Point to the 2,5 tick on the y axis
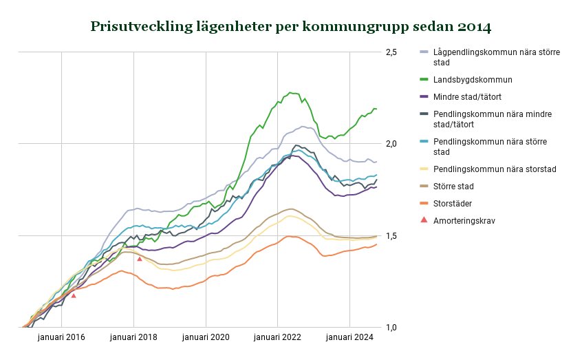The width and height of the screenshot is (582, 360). coord(391,52)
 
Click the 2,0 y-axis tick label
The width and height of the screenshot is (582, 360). coord(391,144)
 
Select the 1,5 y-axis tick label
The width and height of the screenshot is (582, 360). coord(391,236)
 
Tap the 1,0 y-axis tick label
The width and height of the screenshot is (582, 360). coord(391,328)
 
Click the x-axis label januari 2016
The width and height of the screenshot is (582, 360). coord(62,337)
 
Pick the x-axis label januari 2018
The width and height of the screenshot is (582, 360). coord(133,337)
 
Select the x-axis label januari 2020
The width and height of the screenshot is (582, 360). coord(206,337)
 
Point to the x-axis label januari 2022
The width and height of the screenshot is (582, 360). coord(277,337)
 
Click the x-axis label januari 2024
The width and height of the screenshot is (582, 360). coord(349,337)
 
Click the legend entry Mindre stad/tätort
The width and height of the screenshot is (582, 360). coord(473,97)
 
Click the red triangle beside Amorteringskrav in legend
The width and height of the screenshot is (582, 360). coord(424,220)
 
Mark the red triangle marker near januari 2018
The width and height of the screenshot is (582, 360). coord(140,259)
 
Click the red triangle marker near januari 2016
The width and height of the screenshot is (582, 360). coord(74,295)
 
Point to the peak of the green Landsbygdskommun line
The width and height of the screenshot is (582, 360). coord(291,92)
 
